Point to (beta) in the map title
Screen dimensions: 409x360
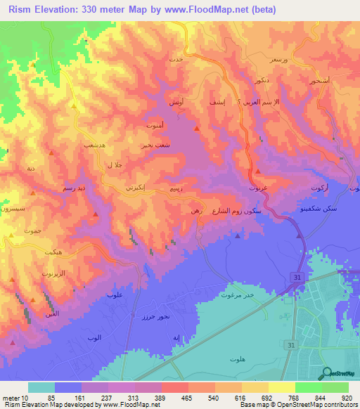[x=262, y=10]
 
